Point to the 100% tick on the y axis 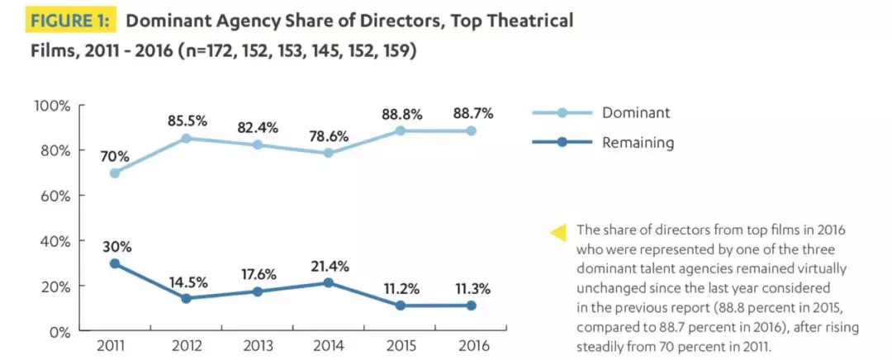[52, 105]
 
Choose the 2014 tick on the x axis [329, 344]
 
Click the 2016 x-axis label [473, 344]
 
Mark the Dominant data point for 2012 [186, 138]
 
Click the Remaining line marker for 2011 [114, 263]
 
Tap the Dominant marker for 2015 [401, 130]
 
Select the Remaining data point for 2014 [330, 282]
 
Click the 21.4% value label [330, 266]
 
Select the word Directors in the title [353, 21]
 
